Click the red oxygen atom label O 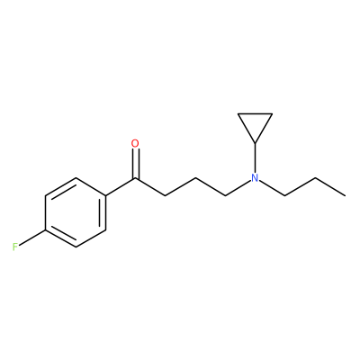[x=135, y=143]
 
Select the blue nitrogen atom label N [x=255, y=178]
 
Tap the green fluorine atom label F [x=15, y=247]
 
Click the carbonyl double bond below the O [x=136, y=164]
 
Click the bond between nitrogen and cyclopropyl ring [x=255, y=157]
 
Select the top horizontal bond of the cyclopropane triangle [x=255, y=113]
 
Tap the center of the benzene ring [x=76, y=213]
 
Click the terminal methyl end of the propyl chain [x=345, y=195]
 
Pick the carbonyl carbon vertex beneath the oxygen [x=136, y=179]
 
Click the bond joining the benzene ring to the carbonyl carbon [x=121, y=187]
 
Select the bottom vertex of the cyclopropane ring [x=255, y=143]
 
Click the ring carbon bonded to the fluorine [x=45, y=230]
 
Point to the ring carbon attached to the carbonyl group [x=106, y=196]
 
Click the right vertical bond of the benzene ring [x=104, y=213]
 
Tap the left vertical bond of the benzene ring [x=45, y=213]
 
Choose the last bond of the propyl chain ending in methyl [x=330, y=187]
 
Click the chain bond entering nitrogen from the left [x=238, y=188]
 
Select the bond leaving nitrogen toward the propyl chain [x=272, y=189]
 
